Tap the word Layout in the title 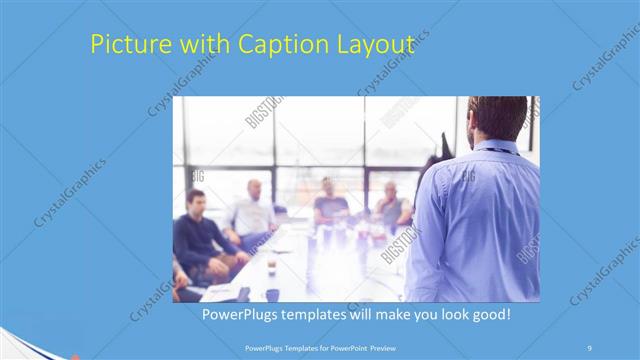pos(378,45)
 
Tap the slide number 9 pos(589,347)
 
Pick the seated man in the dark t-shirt pos(330,205)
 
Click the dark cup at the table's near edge pos(272,294)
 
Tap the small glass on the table pos(271,265)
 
